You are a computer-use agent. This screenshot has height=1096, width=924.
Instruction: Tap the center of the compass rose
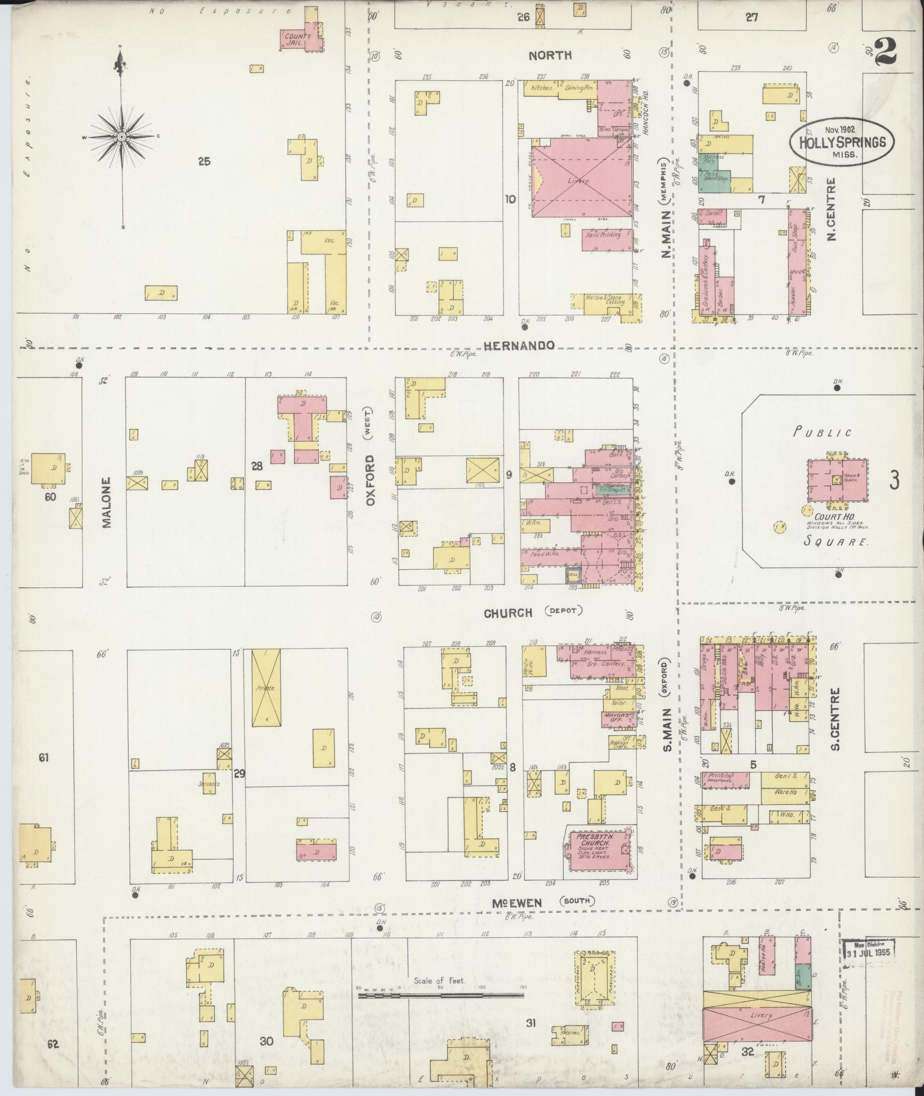(121, 138)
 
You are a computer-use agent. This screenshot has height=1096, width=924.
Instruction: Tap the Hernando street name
(519, 345)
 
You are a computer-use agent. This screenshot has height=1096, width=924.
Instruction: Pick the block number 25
(204, 162)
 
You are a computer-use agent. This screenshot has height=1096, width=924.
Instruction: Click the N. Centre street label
(831, 209)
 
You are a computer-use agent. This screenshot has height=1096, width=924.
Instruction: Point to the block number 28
(257, 466)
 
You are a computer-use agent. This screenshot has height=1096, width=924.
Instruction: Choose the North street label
(549, 55)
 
